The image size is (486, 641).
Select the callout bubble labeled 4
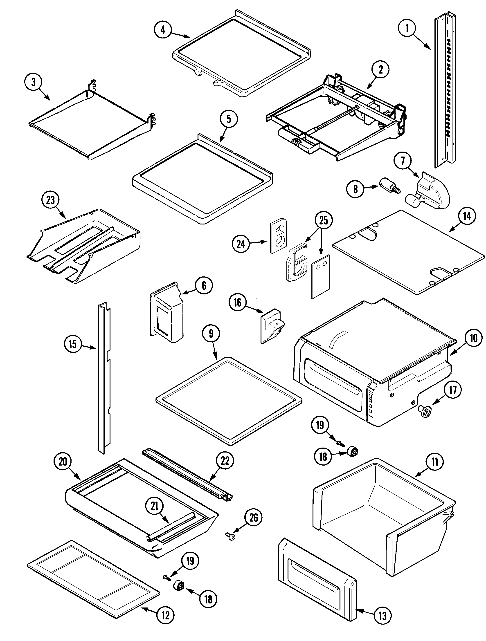pos(163,30)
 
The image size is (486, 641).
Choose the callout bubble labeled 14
pos(467,216)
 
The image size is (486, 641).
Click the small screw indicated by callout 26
pos(231,537)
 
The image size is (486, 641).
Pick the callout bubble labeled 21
pos(154,506)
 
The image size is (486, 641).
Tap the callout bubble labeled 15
pos(72,344)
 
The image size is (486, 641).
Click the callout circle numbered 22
pos(225,461)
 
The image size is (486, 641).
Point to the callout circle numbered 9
pos(211,334)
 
